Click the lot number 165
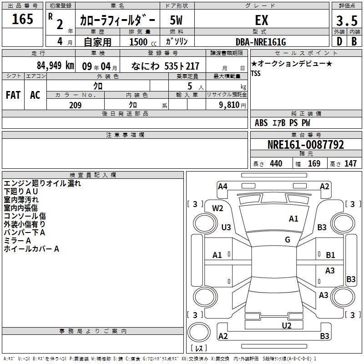22,19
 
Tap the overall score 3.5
347,20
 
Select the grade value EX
262,20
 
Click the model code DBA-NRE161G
261,42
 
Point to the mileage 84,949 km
56,66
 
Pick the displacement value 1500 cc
143,42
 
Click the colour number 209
76,105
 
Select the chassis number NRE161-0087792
306,145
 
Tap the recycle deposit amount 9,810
229,105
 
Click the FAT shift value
13,95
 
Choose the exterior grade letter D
339,41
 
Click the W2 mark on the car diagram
217,208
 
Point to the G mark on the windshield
288,239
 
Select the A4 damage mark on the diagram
222,187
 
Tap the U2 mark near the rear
287,325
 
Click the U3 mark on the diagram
226,227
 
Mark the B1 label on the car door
330,255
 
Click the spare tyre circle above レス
199,332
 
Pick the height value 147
350,163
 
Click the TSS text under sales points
256,73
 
